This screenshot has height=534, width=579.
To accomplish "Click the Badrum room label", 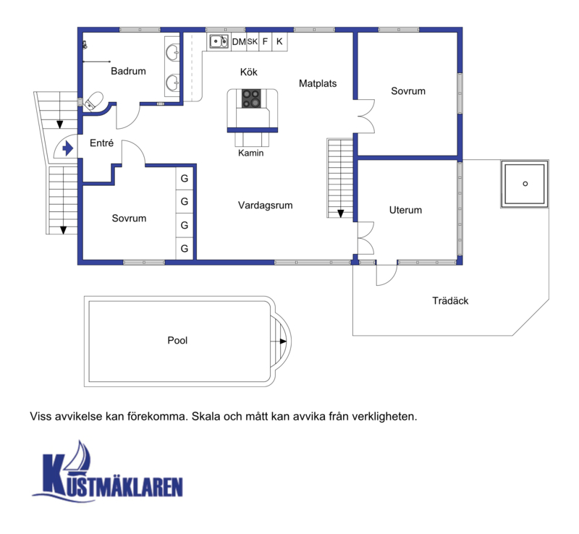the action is click(128, 71).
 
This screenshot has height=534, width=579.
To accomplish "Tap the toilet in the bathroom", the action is click(94, 101).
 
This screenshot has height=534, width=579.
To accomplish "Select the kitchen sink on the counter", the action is click(219, 41).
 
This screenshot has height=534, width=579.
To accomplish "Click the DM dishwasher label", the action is click(239, 42).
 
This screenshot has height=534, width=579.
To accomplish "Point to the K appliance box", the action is click(279, 41).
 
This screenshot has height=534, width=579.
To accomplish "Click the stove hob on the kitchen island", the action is click(251, 98).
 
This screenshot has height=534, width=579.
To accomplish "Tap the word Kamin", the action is click(250, 153).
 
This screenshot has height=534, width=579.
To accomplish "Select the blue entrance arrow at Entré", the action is click(67, 148).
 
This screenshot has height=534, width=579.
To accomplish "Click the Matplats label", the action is click(318, 83).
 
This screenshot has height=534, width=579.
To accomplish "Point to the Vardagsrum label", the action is click(265, 205).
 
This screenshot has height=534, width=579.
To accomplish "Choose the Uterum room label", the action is click(405, 210).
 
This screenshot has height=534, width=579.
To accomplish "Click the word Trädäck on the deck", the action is click(450, 300).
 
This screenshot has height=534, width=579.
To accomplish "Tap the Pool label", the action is click(177, 340).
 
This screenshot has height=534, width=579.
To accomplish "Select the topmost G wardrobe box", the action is click(185, 179).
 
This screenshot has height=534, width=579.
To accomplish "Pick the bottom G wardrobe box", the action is click(185, 248).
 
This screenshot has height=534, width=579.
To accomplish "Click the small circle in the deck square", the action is click(525, 184).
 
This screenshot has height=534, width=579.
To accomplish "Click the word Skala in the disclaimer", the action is click(206, 417).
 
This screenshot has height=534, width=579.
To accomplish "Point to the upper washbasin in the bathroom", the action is click(172, 53).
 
